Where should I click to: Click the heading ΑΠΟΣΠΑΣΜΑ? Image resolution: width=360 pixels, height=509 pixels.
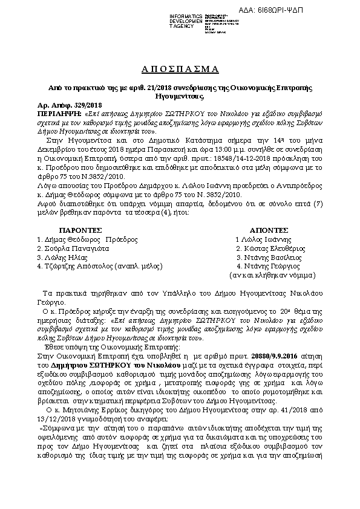coord(180,67)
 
